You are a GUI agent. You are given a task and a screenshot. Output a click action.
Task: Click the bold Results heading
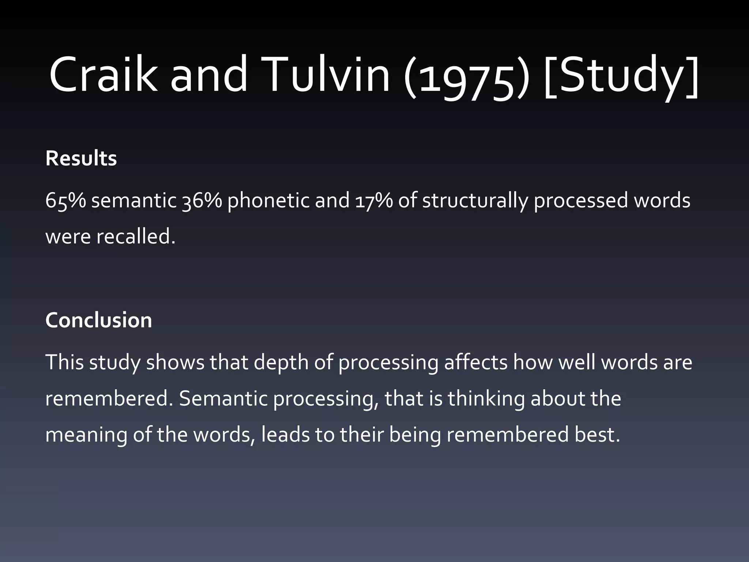(x=81, y=158)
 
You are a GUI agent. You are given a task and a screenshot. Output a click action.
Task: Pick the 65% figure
(x=65, y=201)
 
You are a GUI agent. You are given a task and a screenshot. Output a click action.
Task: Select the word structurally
(x=475, y=201)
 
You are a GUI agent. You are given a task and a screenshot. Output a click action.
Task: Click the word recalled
(x=136, y=237)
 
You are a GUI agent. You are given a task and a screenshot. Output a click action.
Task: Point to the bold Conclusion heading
(x=98, y=320)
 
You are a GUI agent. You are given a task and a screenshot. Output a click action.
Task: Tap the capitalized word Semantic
(x=223, y=398)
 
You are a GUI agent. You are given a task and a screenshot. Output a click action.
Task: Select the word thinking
(x=486, y=398)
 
